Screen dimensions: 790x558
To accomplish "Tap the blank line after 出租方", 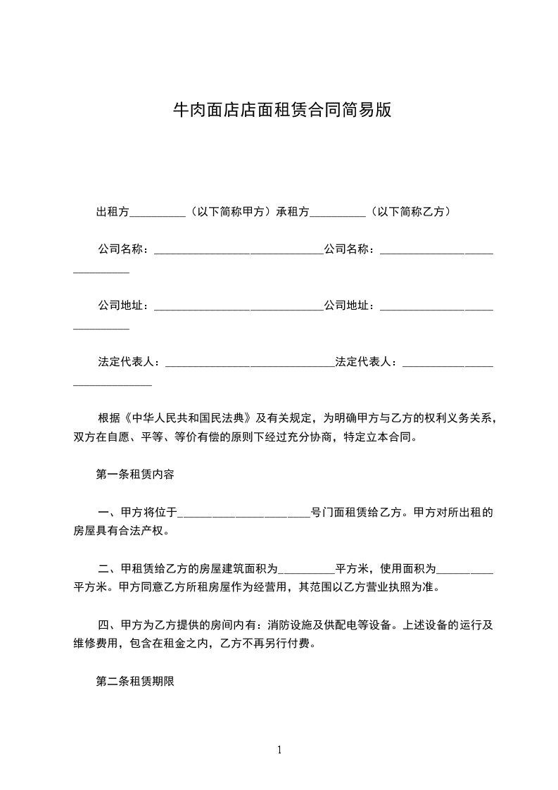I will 158,212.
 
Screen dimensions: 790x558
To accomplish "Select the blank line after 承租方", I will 337,212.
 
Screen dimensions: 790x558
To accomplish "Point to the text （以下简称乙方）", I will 409,211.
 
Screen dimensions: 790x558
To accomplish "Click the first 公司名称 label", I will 120,249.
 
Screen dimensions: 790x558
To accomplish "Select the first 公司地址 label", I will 120,306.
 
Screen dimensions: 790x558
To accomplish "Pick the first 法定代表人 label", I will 126,362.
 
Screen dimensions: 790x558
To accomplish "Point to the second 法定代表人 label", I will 363,362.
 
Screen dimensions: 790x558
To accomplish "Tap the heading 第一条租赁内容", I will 134,474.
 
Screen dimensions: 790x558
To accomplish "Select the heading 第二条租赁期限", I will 134,682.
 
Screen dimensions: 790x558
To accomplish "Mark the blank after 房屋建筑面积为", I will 306,570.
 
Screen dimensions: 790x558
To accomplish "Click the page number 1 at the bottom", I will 279,750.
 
